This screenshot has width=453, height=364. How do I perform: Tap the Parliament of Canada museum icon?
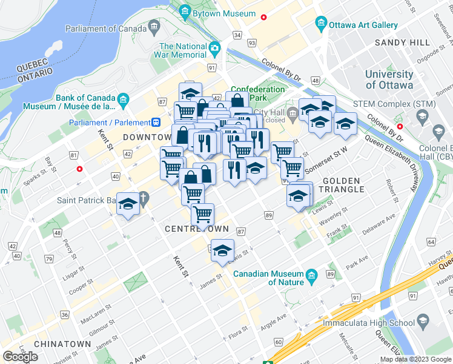pos(153,28)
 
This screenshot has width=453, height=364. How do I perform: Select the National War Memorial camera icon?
pos(214,48)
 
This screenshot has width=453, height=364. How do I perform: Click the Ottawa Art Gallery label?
pos(363,25)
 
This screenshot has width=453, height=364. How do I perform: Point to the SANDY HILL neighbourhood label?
pos(402,42)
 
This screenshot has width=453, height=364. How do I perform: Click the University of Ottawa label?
pos(389,79)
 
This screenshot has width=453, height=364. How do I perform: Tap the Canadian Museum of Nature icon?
pos(312,277)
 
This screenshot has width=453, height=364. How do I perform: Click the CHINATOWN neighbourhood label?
pos(63,344)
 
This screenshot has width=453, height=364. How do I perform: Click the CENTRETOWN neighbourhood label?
pos(197,229)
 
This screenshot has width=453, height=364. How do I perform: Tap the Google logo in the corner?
pos(20,356)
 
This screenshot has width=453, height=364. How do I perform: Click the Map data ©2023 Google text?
pos(415,359)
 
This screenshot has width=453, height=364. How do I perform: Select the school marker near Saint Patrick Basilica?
pos(128,205)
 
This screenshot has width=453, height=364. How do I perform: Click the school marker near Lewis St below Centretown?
pos(222,250)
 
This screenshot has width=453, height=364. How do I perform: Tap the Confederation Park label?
pos(258,93)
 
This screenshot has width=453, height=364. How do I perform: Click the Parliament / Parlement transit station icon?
pos(156,121)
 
